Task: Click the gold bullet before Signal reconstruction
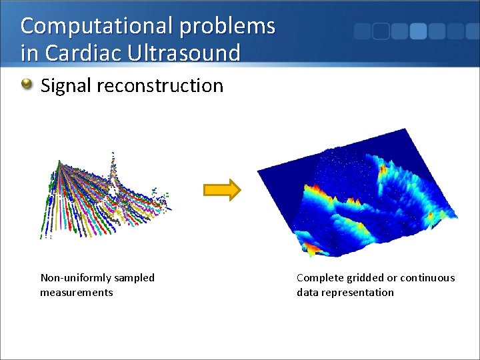tap(27, 85)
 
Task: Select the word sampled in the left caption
tap(133, 277)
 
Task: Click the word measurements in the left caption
tap(77, 292)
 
